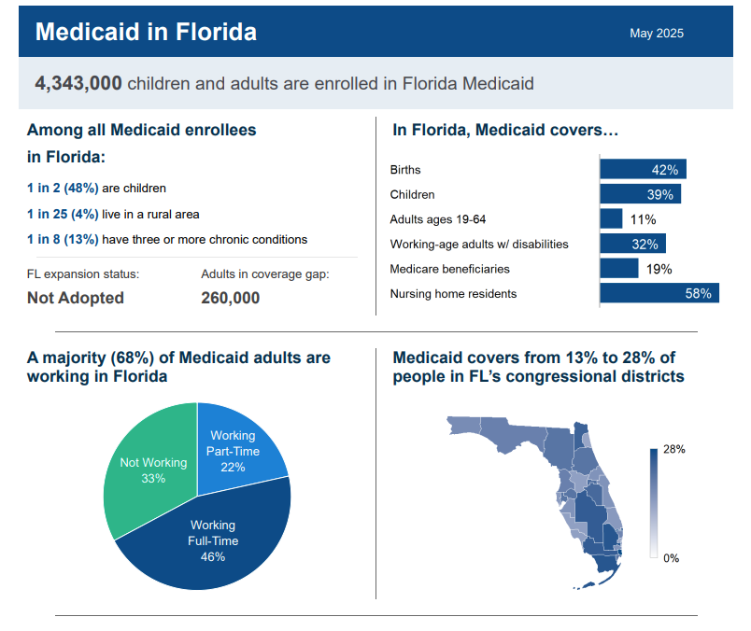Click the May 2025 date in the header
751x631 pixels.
[656, 33]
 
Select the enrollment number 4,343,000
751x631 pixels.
[78, 83]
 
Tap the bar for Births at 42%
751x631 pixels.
[643, 169]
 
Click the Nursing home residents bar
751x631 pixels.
[659, 293]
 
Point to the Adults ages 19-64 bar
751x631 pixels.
[611, 218]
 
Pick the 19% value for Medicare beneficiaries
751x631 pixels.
[659, 269]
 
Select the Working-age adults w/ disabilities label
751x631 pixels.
[479, 245]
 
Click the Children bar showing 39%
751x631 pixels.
[641, 194]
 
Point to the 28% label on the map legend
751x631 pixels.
[673, 449]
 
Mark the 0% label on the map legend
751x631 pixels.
[671, 558]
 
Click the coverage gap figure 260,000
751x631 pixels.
[231, 298]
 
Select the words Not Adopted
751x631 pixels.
[76, 298]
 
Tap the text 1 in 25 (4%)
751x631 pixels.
[63, 214]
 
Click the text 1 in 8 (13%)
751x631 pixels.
[63, 239]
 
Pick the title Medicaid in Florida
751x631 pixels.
[146, 32]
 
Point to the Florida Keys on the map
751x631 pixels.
[586, 585]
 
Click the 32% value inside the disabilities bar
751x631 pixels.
[645, 245]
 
